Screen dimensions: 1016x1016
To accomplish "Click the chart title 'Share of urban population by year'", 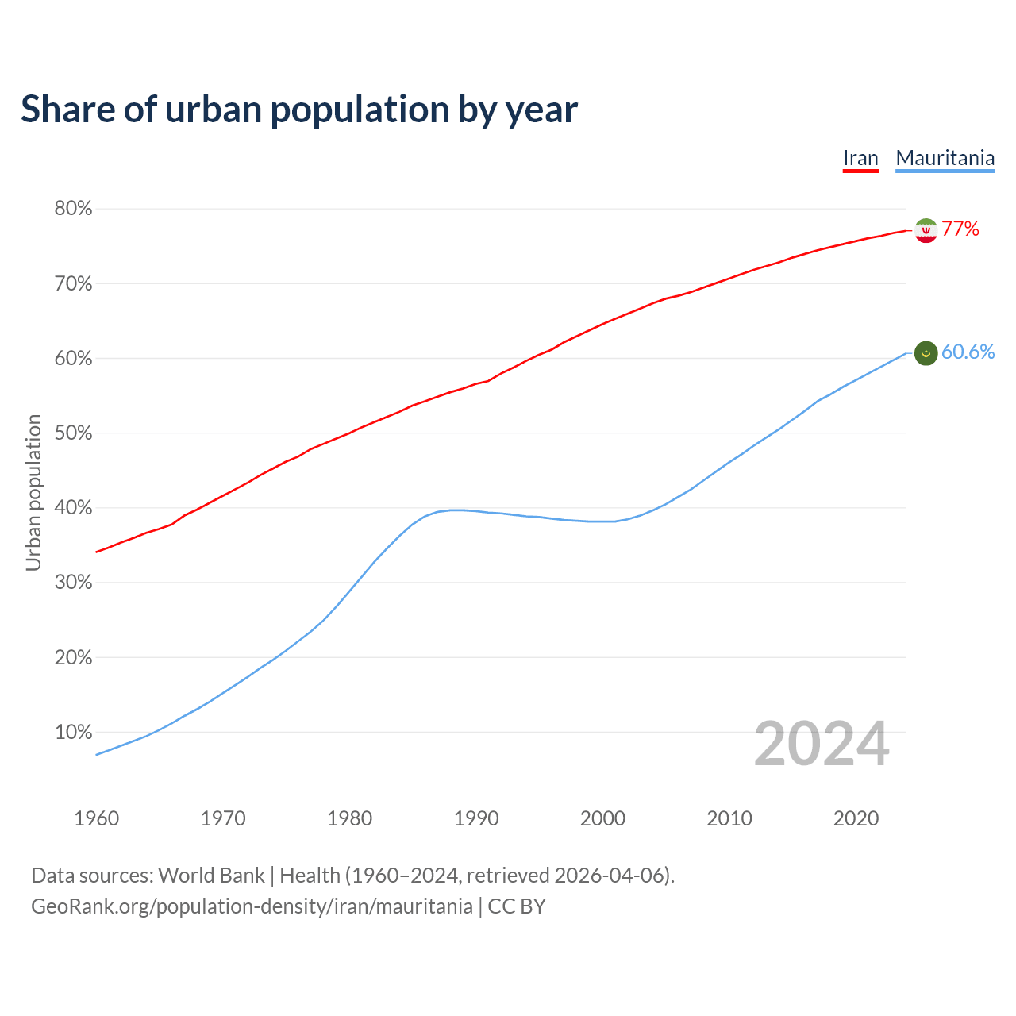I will [299, 110].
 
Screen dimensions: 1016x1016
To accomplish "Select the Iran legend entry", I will [860, 158].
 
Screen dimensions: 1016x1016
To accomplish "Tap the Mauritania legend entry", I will [945, 158].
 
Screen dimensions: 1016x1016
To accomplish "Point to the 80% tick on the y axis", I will [73, 209].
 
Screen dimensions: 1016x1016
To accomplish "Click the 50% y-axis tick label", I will [73, 433].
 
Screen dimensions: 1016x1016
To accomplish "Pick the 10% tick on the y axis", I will [73, 733].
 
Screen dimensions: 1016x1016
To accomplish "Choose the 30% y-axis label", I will [73, 583].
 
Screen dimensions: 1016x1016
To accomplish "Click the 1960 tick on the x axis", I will [96, 818].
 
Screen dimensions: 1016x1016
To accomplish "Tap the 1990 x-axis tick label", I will [476, 818].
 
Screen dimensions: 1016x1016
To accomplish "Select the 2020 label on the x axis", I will [856, 818].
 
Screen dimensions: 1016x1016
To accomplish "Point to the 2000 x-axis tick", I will [602, 818].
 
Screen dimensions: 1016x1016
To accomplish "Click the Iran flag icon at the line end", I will [926, 230].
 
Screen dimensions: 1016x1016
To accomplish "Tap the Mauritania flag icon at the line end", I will [926, 353].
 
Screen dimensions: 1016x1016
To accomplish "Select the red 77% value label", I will [960, 229].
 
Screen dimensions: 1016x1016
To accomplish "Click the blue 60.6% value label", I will [968, 352].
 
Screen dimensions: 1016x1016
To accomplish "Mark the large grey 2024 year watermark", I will [822, 745].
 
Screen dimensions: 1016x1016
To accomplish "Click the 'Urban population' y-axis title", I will [33, 492].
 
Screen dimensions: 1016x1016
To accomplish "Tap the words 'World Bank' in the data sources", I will [211, 876].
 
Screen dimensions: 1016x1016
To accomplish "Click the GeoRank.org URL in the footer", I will [252, 906].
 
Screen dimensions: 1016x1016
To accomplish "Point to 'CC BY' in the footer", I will [517, 906].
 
